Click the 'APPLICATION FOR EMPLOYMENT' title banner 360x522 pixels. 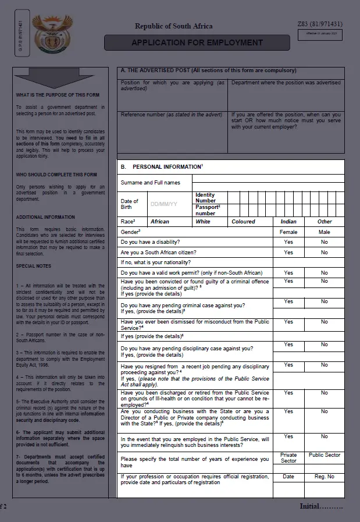pos(197,42)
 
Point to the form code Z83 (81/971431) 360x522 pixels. pos(319,23)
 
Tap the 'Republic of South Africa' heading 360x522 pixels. pos(173,26)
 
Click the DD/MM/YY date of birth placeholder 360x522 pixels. pos(163,204)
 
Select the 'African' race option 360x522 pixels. pos(160,222)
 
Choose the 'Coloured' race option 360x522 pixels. pos(243,222)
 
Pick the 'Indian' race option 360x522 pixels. pos(288,222)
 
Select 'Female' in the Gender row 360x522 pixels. pos(288,232)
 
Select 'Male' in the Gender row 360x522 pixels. pos(325,232)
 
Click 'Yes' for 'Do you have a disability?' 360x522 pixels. pos(288,242)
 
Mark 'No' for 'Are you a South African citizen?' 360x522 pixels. pos(325,253)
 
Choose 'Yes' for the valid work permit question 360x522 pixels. pos(288,272)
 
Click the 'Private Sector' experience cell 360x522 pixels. pos(288,458)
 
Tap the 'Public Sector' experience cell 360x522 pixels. pos(325,455)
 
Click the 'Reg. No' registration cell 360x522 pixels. pos(325,477)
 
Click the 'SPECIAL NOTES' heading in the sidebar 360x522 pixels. pos(33,266)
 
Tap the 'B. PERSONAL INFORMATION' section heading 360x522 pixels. pos(161,167)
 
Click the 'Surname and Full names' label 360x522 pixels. pos(150,183)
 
